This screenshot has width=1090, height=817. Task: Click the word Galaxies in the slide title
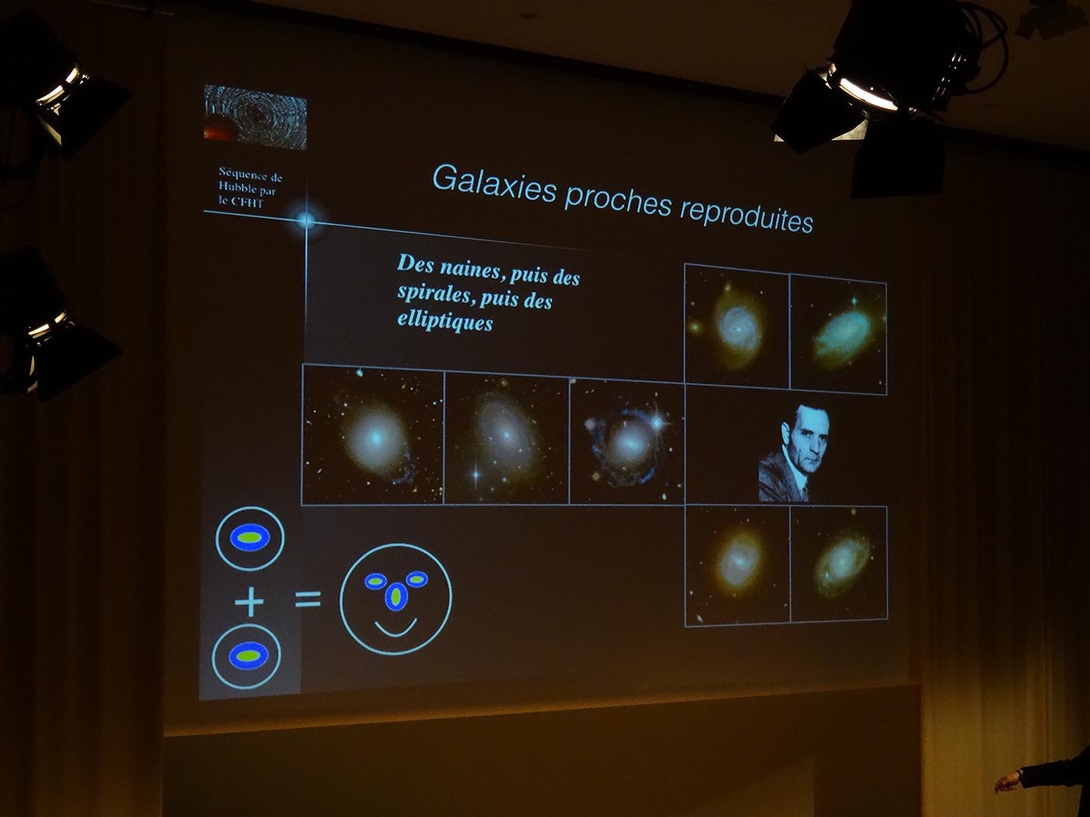494,182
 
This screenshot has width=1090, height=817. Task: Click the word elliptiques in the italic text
445,322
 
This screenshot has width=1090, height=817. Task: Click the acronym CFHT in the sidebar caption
248,203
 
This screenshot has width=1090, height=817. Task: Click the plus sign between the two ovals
249,601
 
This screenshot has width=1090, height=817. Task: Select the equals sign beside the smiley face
308,599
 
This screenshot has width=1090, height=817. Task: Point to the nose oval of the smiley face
396,598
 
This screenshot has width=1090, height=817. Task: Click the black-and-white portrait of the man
793,453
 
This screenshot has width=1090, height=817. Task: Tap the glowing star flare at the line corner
306,219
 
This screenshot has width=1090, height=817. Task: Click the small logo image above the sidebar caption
255,117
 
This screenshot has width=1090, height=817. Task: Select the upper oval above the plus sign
251,538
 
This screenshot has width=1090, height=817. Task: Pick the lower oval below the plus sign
247,656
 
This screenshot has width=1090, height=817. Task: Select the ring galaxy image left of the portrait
628,443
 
